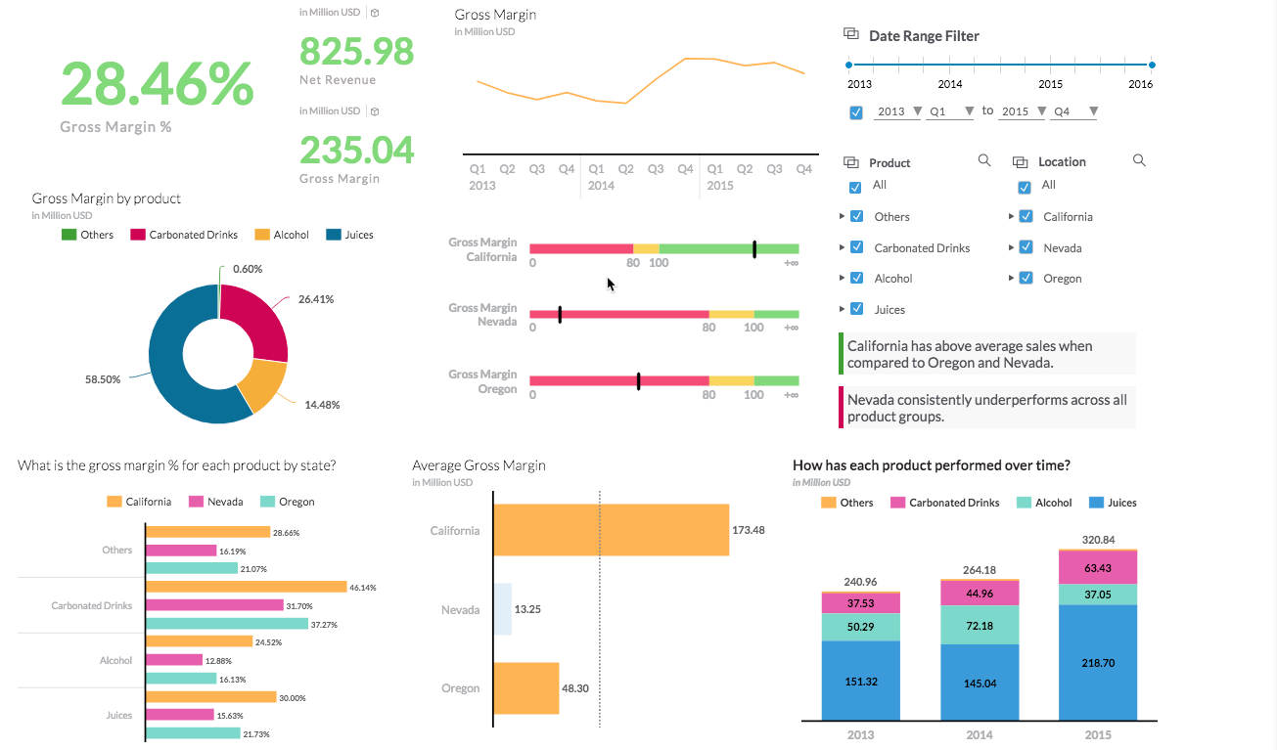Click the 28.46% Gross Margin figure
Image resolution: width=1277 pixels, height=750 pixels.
click(x=157, y=84)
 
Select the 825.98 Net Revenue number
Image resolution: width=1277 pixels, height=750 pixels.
click(x=356, y=50)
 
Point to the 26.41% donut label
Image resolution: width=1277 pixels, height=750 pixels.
click(x=316, y=299)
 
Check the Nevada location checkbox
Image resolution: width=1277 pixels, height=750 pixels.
click(x=1026, y=247)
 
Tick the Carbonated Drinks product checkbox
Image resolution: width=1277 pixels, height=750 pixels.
click(x=856, y=247)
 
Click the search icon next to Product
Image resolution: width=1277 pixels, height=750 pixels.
click(x=984, y=160)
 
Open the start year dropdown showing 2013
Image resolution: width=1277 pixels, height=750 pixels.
click(x=898, y=111)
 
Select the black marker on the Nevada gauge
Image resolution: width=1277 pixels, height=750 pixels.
click(x=560, y=314)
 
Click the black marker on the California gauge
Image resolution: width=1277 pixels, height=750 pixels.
click(x=754, y=249)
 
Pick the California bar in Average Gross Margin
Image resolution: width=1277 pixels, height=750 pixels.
click(x=612, y=530)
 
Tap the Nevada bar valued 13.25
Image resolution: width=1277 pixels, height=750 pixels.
click(x=502, y=609)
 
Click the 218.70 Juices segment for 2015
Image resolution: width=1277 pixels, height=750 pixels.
click(x=1098, y=662)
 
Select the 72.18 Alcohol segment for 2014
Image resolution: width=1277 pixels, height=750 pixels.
click(x=980, y=625)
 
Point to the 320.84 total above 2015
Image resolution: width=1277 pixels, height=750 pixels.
click(x=1098, y=539)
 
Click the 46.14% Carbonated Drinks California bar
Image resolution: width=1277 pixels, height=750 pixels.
click(x=246, y=587)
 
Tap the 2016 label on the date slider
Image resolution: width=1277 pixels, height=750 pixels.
click(x=1140, y=84)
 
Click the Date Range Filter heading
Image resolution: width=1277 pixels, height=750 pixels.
click(x=924, y=36)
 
